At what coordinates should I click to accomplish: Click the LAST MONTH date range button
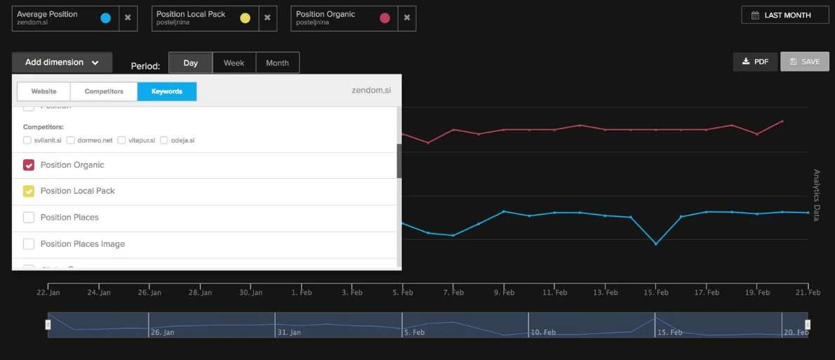tap(784, 15)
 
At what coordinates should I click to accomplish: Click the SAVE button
tap(804, 62)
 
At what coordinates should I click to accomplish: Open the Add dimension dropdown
tap(62, 62)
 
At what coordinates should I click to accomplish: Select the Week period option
tap(234, 62)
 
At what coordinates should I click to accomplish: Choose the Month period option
tap(277, 62)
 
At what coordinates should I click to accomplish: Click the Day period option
tap(190, 62)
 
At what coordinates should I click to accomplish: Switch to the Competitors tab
tap(104, 91)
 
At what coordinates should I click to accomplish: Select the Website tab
tap(44, 91)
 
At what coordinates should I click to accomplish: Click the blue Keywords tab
tap(167, 91)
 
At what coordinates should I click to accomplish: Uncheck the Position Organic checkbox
tap(29, 165)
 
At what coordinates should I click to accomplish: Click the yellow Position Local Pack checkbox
tap(29, 191)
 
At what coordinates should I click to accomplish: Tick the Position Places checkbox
tap(29, 218)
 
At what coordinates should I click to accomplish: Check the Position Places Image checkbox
tap(29, 244)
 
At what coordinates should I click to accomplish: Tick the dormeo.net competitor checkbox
tap(71, 140)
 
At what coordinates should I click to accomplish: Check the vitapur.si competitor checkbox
tap(121, 140)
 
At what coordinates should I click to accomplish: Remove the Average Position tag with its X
tap(128, 18)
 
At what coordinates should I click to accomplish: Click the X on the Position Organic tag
tap(407, 18)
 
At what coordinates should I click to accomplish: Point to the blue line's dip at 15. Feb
tap(655, 244)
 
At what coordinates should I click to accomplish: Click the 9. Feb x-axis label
tap(504, 293)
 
